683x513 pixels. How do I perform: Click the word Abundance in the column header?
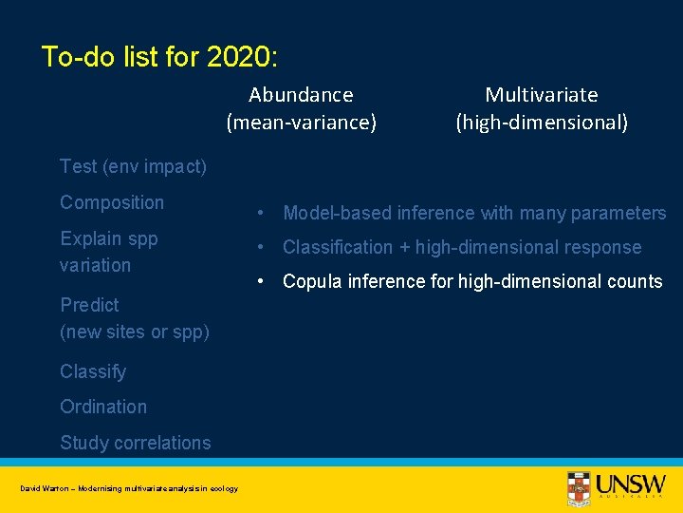(301, 95)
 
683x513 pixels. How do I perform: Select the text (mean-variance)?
(301, 123)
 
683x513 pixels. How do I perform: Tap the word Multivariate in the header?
(542, 95)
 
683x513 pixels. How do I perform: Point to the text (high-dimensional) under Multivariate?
(542, 123)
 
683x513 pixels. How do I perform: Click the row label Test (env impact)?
(133, 166)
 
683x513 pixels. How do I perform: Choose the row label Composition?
(112, 202)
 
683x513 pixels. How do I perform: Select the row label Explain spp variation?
(108, 252)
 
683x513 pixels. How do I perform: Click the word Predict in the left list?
(89, 305)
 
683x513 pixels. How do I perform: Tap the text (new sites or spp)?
(135, 332)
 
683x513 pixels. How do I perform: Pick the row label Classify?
(93, 371)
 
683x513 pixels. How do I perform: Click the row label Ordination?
(103, 407)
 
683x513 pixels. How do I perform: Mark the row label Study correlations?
(136, 443)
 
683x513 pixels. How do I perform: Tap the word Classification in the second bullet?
(337, 247)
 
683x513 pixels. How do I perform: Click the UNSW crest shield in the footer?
(578, 487)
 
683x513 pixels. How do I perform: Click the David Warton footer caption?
(129, 488)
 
